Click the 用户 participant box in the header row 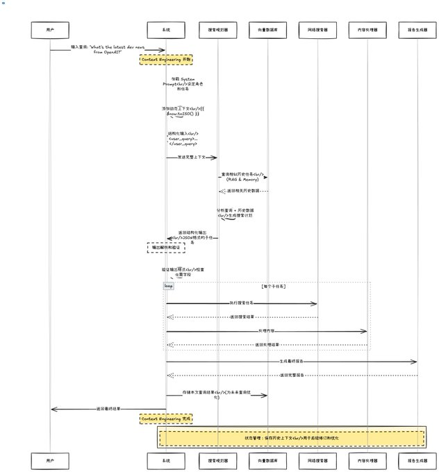[x=50, y=31]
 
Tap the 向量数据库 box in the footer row [x=267, y=460]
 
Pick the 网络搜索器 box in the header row [x=317, y=31]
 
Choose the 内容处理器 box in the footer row [x=367, y=460]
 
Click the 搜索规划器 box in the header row [x=217, y=31]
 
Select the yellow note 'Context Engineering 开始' [x=166, y=60]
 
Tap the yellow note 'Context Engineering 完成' [x=166, y=419]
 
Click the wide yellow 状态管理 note [x=292, y=438]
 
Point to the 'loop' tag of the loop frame [x=169, y=285]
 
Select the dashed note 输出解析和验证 [x=166, y=246]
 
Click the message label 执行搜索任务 [x=242, y=303]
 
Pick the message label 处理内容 [x=266, y=331]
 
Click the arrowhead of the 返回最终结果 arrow [x=52, y=409]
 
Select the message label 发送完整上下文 [x=190, y=158]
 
